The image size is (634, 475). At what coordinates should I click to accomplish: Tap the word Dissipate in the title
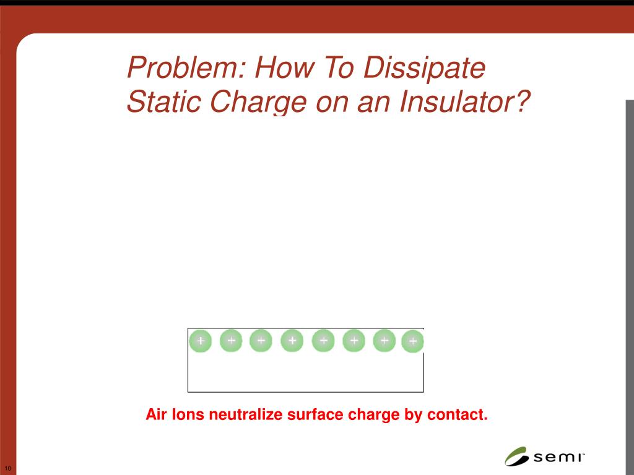click(424, 68)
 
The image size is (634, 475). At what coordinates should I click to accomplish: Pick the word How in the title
click(275, 68)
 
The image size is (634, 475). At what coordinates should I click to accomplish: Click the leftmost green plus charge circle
click(201, 341)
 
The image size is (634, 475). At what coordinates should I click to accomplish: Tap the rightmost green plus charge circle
click(413, 341)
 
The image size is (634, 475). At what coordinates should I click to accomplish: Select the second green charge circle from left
click(231, 340)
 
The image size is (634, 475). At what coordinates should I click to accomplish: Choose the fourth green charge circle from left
click(292, 341)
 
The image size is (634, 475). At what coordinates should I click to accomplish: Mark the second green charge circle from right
click(384, 340)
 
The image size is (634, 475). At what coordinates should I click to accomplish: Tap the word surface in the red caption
click(315, 414)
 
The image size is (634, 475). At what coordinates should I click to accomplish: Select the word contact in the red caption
click(457, 414)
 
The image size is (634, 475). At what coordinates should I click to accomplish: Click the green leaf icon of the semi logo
click(516, 456)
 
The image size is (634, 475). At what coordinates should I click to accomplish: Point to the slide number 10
click(7, 468)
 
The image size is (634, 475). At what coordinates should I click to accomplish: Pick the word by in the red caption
click(412, 414)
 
